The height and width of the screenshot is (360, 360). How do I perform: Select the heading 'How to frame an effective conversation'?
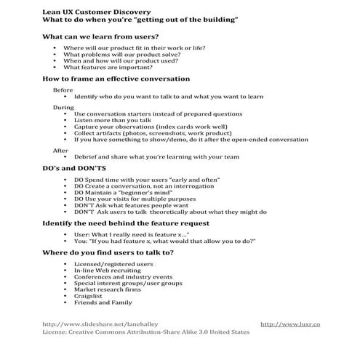tap(116, 79)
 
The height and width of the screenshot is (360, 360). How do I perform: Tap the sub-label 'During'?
tap(63, 107)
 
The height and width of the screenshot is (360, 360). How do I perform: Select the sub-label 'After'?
tap(60, 150)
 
